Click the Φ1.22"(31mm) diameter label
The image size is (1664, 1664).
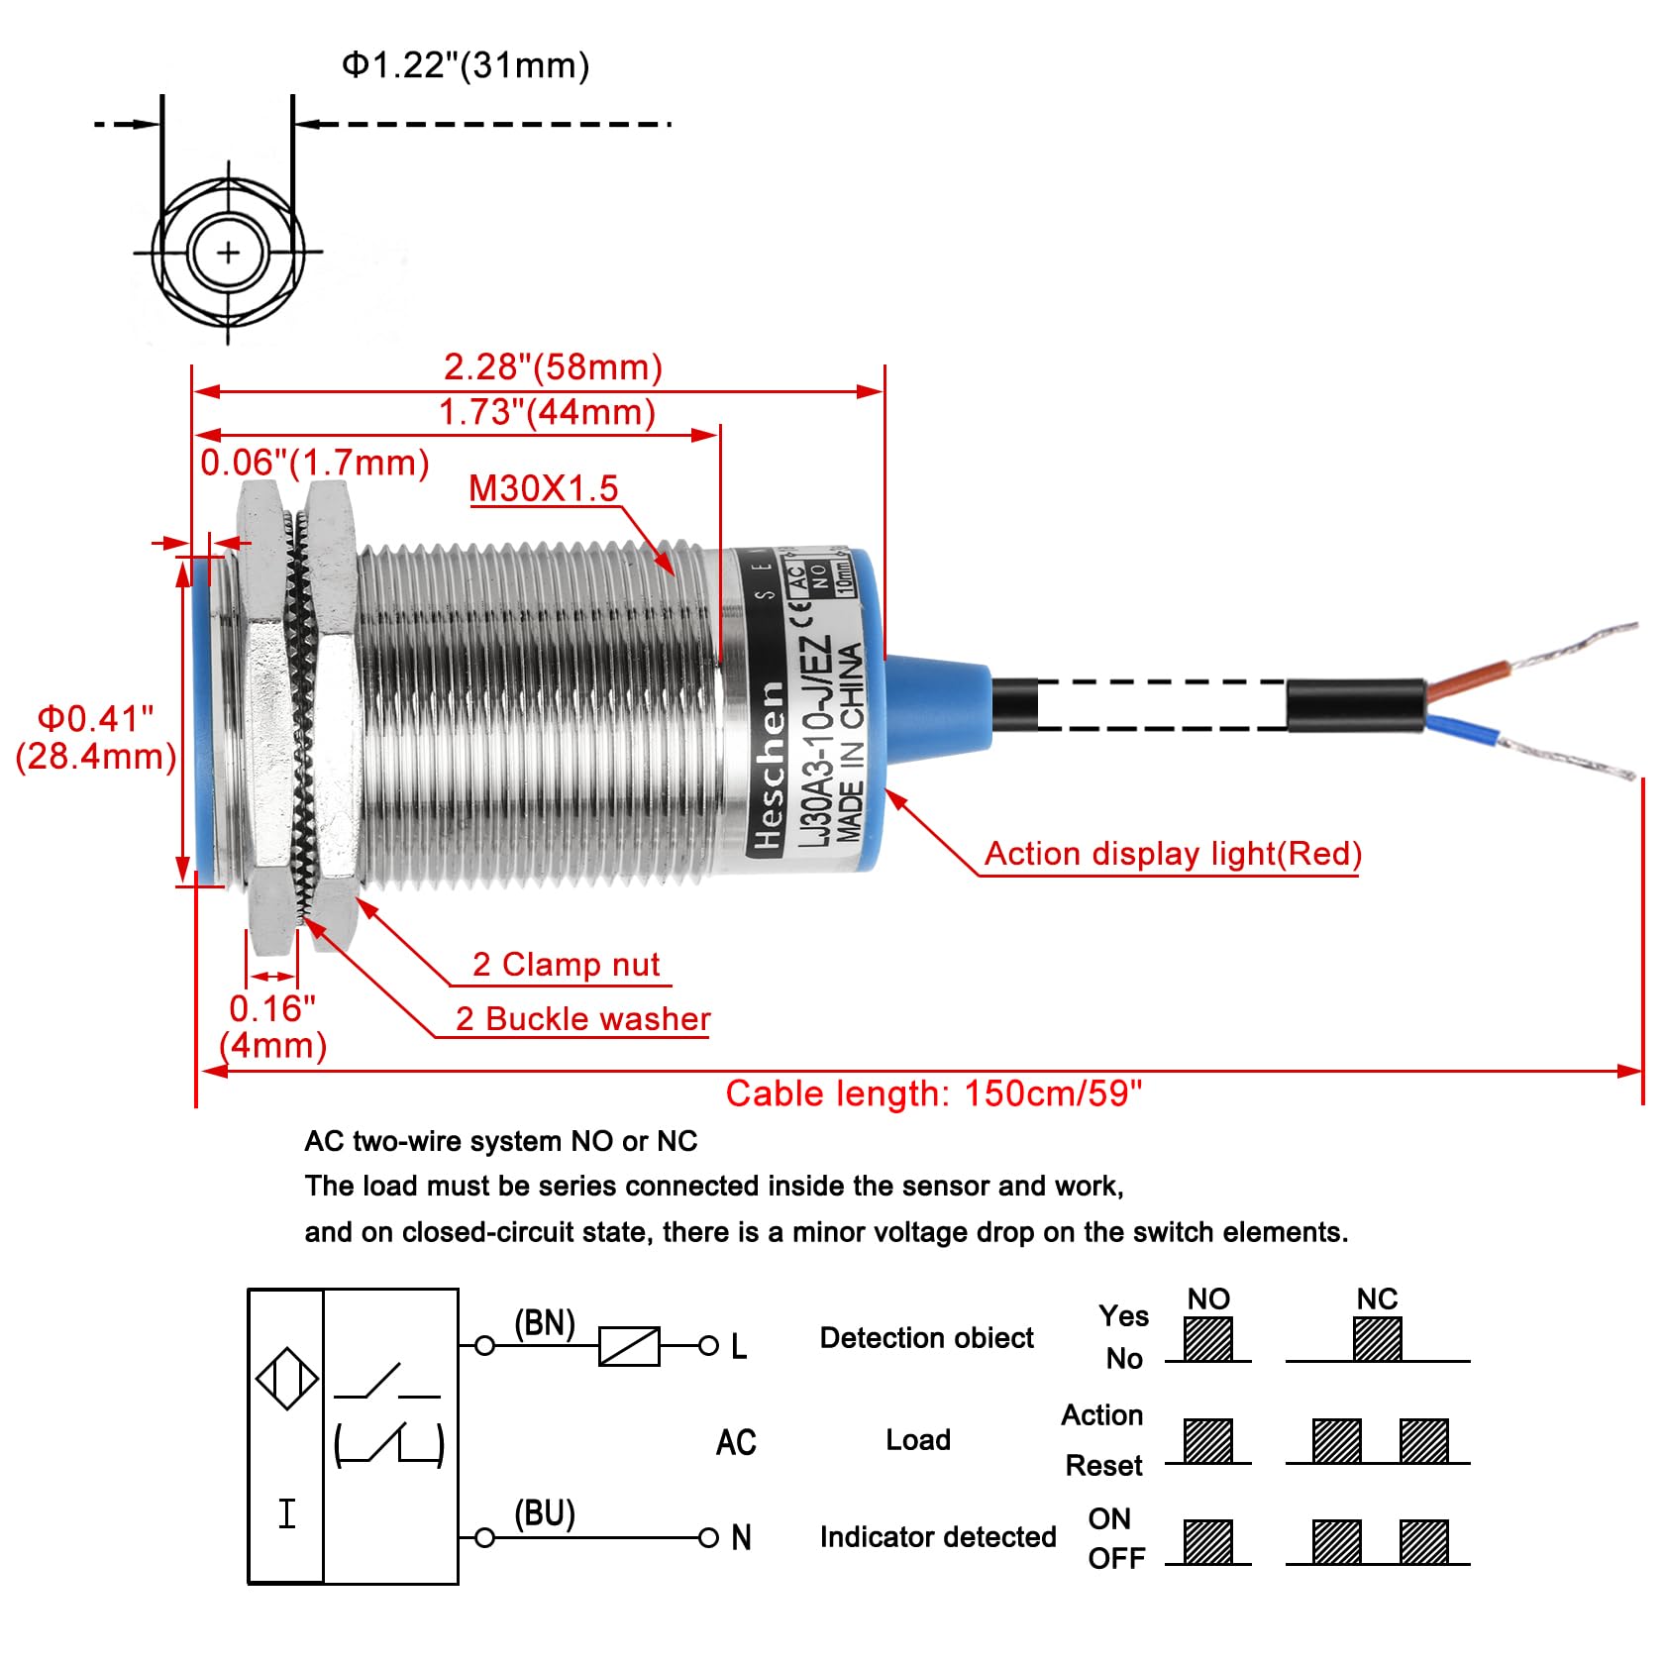point(466,65)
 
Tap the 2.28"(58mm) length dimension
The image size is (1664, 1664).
point(553,367)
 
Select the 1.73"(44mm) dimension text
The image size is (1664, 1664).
point(547,412)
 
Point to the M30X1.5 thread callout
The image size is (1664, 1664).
point(543,488)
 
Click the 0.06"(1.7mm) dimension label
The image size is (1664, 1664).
point(314,463)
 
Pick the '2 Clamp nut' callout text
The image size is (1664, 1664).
point(566,965)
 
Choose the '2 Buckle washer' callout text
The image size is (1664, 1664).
point(582,1019)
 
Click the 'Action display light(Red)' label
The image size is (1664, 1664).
point(1173,854)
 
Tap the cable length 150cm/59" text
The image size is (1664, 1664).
point(933,1093)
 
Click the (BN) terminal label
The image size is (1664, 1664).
point(544,1323)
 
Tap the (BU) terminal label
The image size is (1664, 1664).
point(544,1513)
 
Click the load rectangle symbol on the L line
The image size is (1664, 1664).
point(629,1346)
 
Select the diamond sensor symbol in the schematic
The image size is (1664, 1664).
point(286,1378)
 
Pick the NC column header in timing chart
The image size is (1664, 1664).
point(1377,1300)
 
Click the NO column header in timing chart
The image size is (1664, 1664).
point(1208,1300)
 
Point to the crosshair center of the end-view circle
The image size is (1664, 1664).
point(229,253)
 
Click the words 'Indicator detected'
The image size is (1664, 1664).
point(938,1537)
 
